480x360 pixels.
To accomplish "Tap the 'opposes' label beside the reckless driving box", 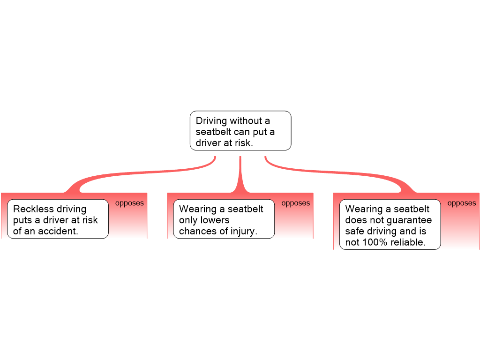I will [129, 203].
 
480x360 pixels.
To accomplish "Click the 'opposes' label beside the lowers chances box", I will [295, 203].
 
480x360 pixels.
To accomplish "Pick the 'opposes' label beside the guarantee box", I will [462, 203].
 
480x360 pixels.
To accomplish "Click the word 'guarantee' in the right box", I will [409, 220].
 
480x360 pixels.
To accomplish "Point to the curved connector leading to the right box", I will [337, 176].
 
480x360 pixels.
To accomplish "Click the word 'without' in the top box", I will [248, 121].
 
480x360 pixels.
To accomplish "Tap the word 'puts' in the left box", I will [22, 220].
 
